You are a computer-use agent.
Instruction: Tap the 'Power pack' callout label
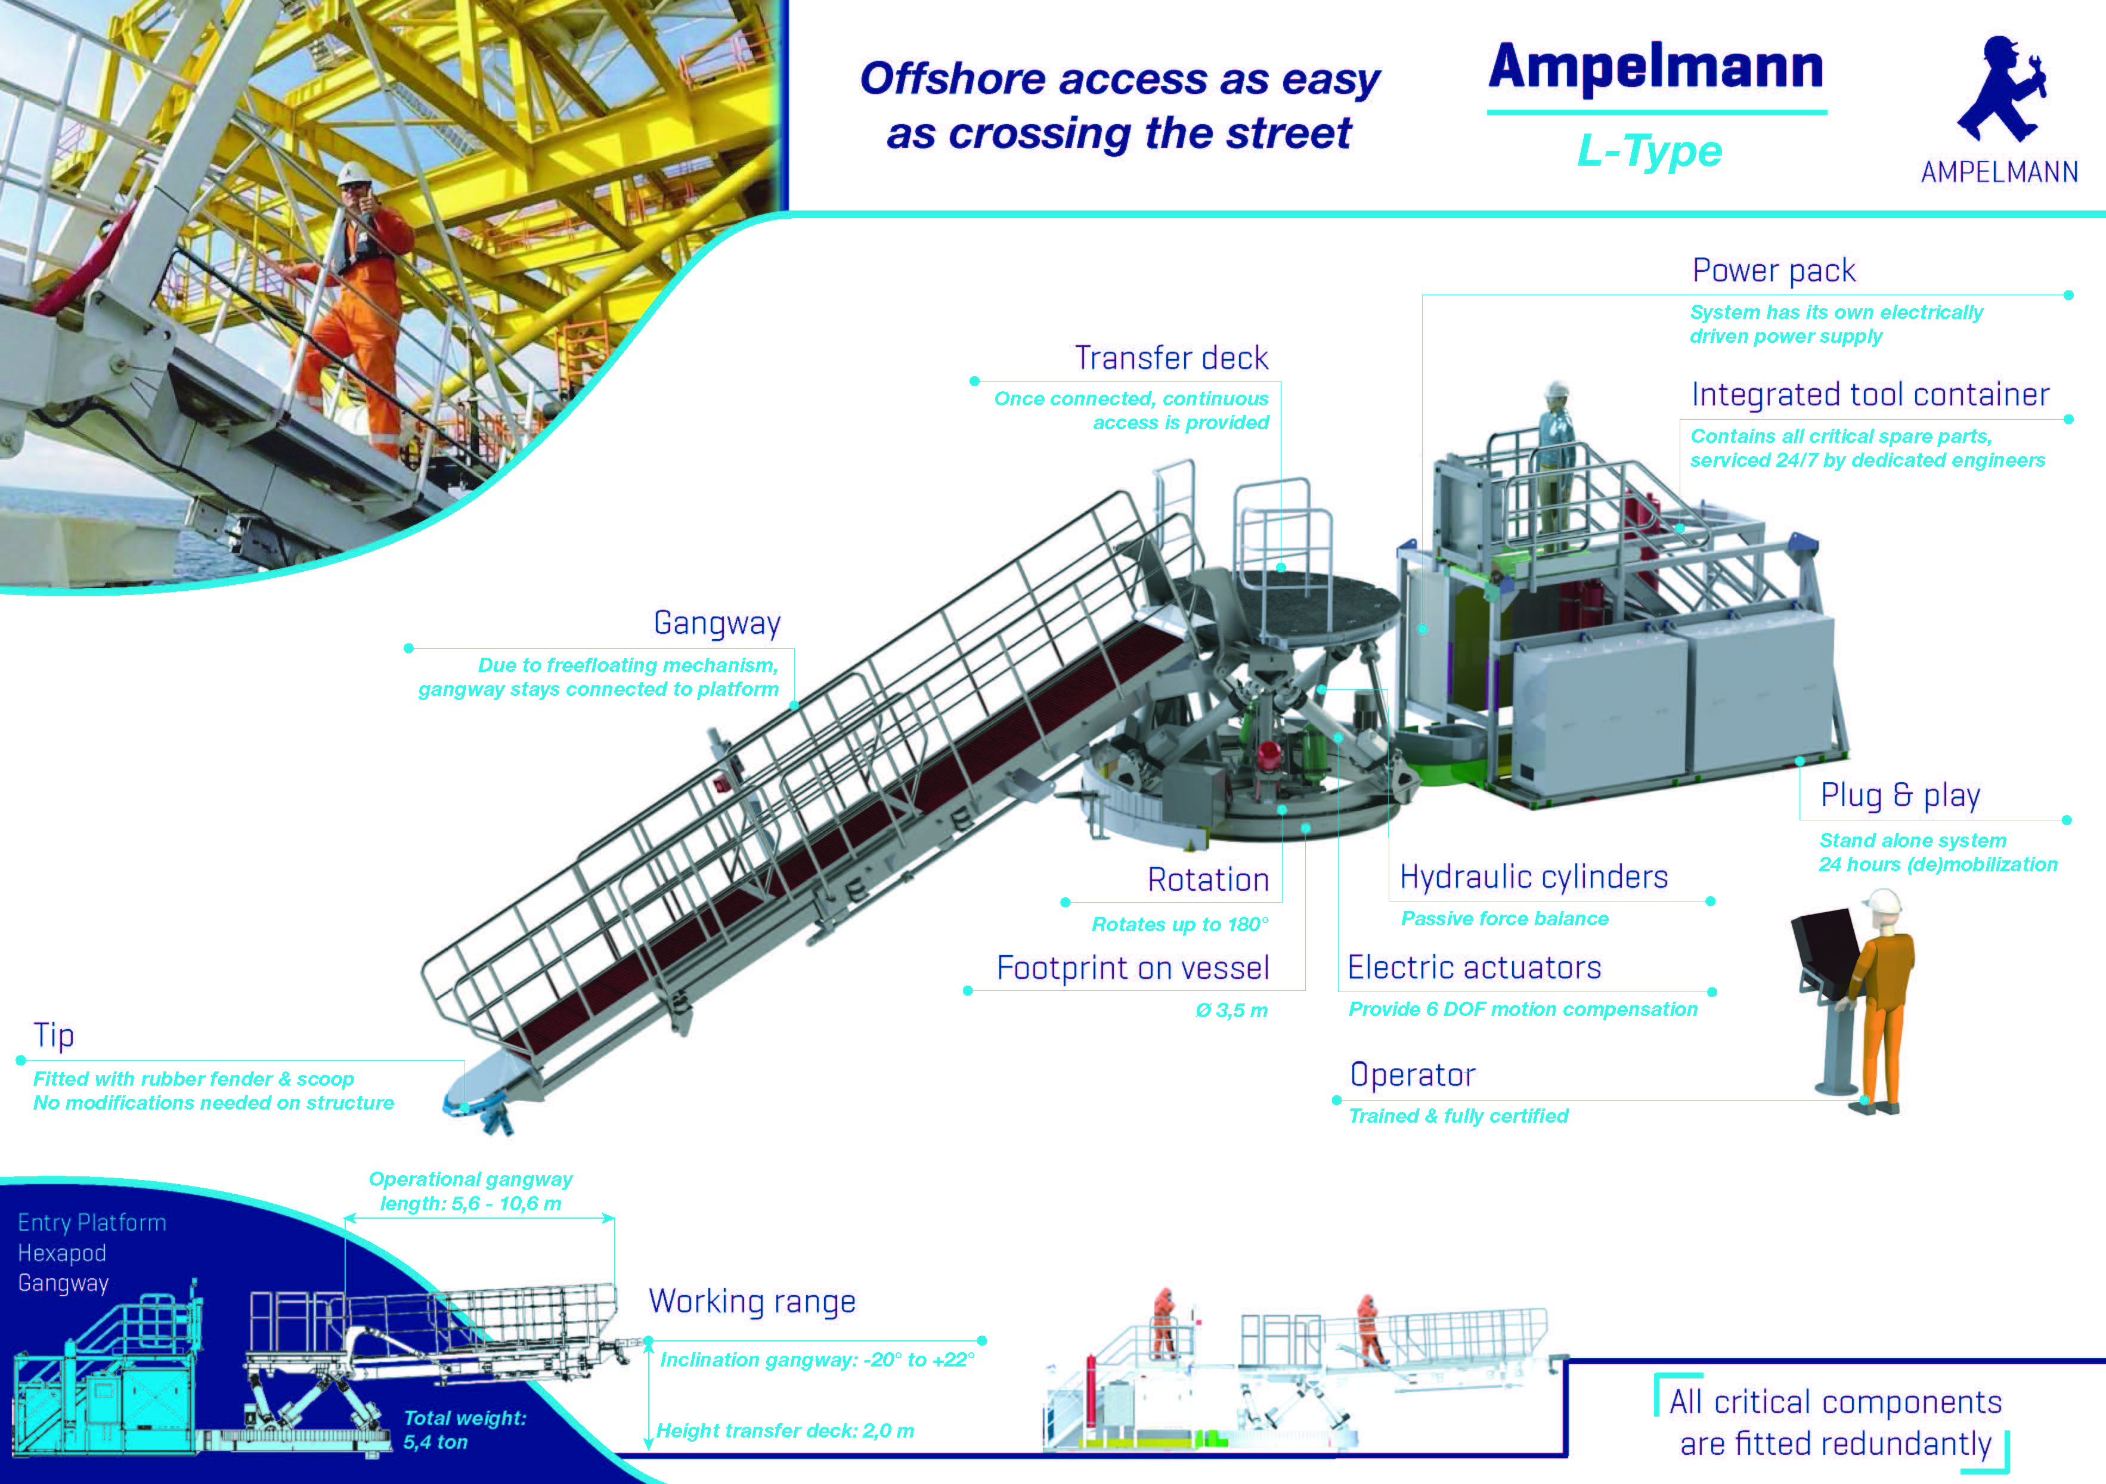(1774, 271)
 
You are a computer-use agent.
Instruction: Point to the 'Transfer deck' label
(1171, 358)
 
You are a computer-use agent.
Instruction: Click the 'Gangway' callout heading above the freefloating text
(716, 623)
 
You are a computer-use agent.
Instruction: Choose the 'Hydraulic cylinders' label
(1534, 877)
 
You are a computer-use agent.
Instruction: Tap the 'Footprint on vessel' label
(1133, 968)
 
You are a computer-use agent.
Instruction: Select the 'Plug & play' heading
(1900, 795)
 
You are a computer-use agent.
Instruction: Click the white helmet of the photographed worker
(352, 174)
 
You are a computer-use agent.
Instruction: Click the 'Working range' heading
(752, 1302)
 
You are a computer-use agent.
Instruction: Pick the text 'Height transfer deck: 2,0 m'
(785, 1431)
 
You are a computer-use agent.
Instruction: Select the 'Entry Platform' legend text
(92, 1223)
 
